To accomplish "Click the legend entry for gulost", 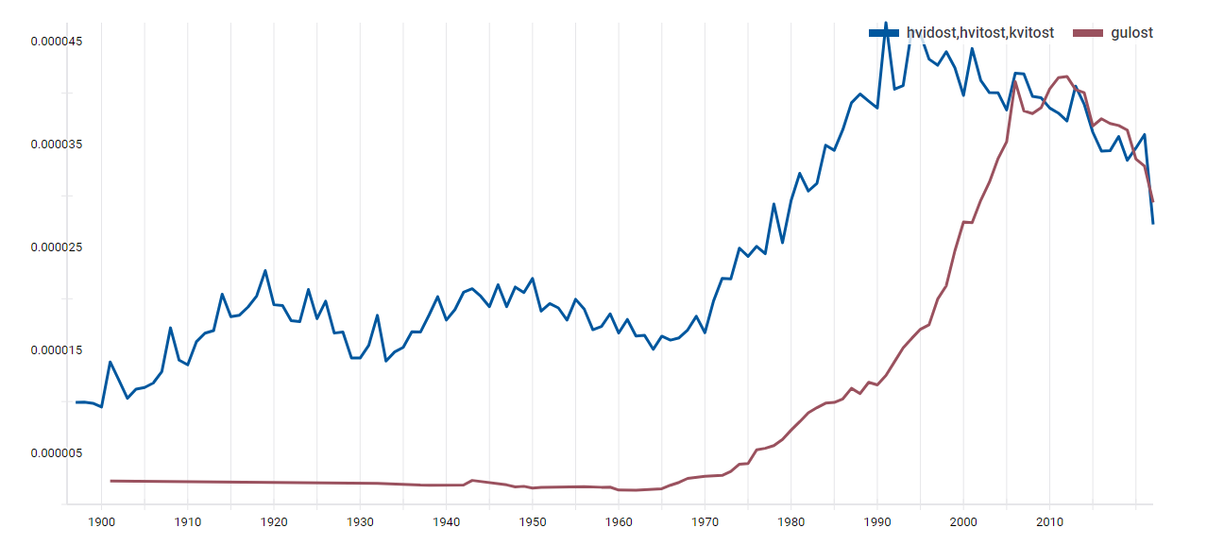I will [x=1131, y=33].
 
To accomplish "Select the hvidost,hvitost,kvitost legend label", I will [x=979, y=33].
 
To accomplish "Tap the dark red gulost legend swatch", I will [x=1089, y=33].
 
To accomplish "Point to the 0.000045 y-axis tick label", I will [x=56, y=42].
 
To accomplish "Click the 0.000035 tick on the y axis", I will [x=56, y=145].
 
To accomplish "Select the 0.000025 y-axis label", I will [x=56, y=247].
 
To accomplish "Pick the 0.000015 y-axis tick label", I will [x=56, y=350].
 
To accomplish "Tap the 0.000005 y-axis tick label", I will [x=56, y=453].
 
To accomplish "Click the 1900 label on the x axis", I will [x=101, y=521].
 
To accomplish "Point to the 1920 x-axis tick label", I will [x=274, y=521].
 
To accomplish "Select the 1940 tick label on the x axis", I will [x=446, y=521].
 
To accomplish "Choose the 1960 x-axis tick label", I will [x=619, y=521].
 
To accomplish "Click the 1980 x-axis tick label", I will [x=791, y=521].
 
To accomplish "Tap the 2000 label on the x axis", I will [x=963, y=521].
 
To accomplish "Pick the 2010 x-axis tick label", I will [x=1049, y=521].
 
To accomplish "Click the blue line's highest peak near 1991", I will [x=886, y=23].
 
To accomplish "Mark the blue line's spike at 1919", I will [x=265, y=270].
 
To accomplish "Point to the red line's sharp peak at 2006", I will [x=1015, y=81].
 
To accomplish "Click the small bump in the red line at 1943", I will [x=472, y=480].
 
